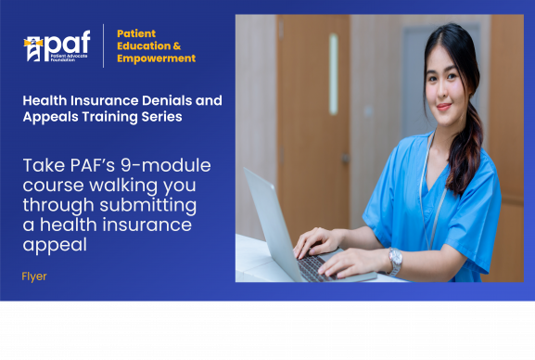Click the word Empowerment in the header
click(156, 58)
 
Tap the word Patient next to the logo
click(135, 33)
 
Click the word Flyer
click(34, 276)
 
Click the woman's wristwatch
click(396, 261)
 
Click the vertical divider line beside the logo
click(103, 45)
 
